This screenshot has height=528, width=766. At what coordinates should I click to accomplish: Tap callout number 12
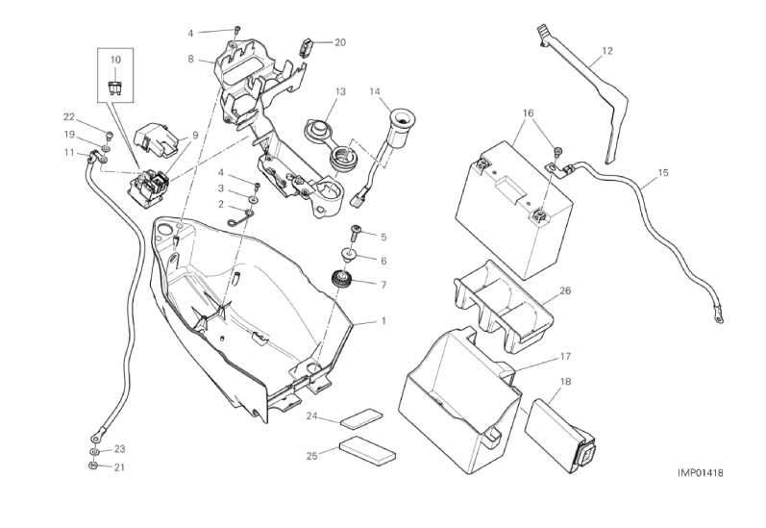click(x=606, y=50)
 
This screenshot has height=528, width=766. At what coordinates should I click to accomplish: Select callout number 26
click(x=564, y=290)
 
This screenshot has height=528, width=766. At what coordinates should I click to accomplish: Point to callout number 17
click(x=565, y=356)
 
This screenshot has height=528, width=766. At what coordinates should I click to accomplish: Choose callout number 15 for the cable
click(x=662, y=174)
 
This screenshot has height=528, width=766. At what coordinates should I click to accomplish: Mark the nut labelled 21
click(x=92, y=466)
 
